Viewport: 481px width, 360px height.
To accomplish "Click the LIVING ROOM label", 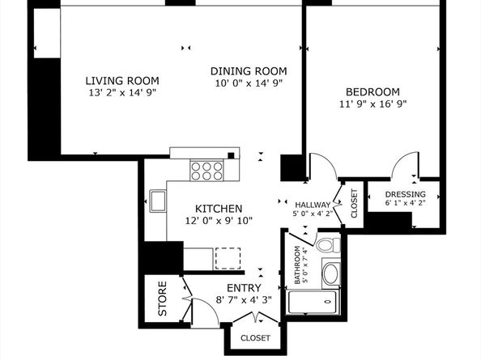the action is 122,81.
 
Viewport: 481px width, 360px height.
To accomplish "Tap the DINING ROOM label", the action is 249,71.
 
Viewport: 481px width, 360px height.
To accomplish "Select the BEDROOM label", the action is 372,92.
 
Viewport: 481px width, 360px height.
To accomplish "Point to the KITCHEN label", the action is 219,209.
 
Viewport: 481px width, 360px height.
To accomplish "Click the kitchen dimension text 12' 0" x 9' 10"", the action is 219,221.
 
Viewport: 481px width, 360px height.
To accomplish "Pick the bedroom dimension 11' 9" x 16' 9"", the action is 372,104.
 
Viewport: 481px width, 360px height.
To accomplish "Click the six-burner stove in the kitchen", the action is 206,171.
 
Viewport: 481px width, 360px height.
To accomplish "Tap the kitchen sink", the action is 158,201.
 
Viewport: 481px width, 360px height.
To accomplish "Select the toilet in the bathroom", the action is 329,245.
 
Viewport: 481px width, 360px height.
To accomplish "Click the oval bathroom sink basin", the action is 330,273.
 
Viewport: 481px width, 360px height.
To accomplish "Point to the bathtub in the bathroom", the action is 313,302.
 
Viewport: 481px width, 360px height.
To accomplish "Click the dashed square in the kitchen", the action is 228,259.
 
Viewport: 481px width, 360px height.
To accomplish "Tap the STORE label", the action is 162,299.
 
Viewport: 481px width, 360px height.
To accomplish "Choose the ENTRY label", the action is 244,288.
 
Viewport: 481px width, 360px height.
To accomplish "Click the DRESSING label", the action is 405,194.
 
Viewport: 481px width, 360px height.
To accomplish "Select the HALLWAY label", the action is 313,205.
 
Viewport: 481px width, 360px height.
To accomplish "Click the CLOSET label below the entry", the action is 255,338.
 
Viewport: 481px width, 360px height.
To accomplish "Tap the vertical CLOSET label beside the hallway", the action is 354,203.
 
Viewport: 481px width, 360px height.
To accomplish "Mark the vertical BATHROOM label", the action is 297,265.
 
